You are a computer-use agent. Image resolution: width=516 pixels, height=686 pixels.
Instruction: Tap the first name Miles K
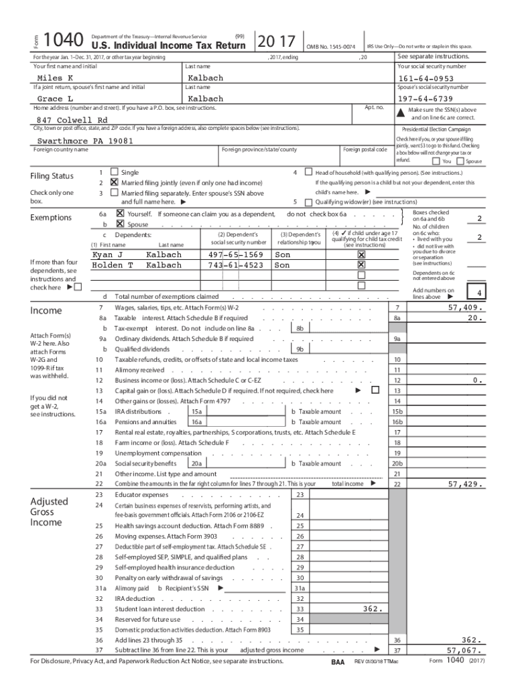[55, 78]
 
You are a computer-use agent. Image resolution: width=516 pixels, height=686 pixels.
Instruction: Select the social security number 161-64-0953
[430, 78]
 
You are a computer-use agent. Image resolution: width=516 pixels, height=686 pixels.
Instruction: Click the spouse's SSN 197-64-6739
[430, 98]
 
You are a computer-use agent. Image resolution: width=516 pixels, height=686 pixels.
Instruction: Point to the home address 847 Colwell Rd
[72, 120]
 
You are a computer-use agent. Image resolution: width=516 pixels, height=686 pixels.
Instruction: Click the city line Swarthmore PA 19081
[85, 141]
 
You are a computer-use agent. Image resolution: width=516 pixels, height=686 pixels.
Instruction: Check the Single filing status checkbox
[113, 172]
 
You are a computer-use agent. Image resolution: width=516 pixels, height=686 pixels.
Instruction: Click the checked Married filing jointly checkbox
[113, 182]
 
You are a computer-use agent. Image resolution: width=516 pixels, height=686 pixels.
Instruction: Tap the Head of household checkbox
[308, 172]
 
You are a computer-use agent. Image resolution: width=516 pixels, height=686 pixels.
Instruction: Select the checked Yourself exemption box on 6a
[120, 214]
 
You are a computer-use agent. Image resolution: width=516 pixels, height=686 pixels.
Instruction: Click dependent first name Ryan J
[107, 255]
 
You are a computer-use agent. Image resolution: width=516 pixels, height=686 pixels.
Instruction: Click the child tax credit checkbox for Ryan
[362, 255]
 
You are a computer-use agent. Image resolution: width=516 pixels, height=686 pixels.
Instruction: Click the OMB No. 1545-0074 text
[331, 47]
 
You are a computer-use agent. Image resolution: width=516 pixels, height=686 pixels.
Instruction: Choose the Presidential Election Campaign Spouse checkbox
[460, 161]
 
